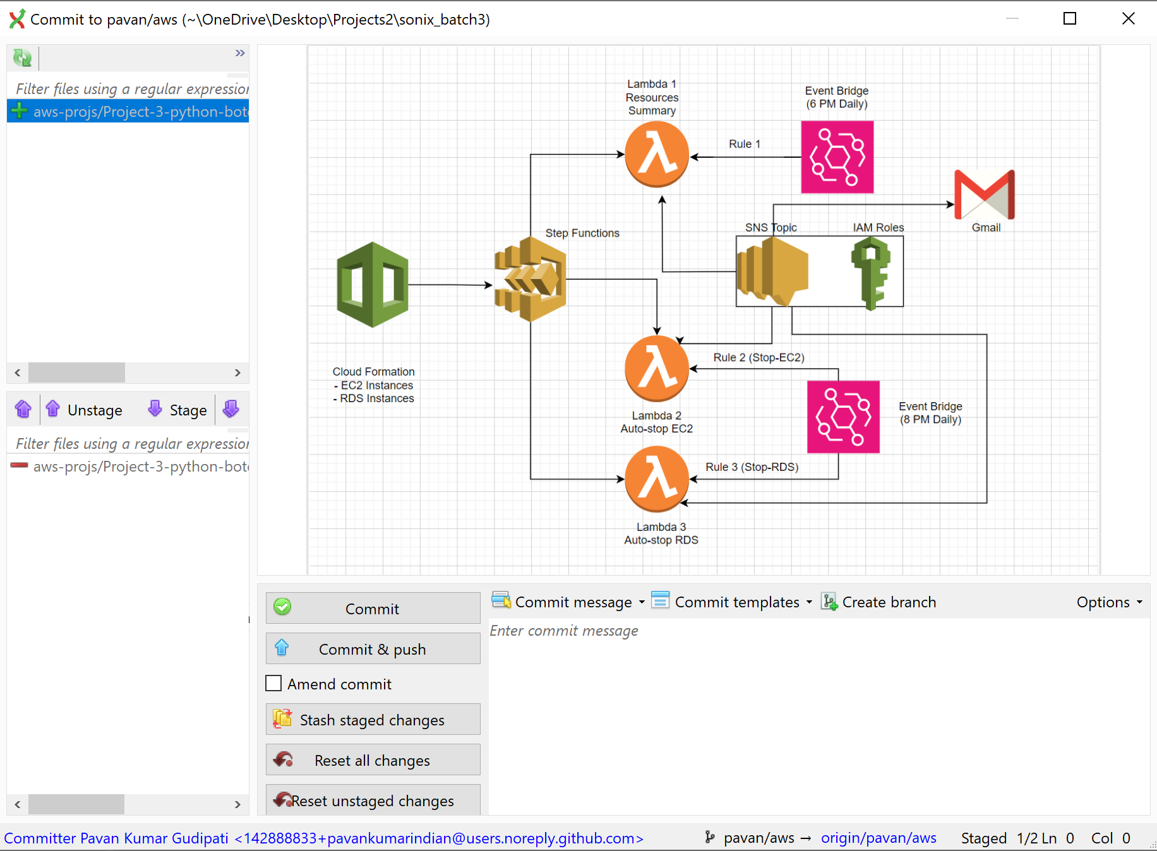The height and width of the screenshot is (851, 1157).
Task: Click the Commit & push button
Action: [373, 648]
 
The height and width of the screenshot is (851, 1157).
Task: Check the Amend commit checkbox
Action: [273, 684]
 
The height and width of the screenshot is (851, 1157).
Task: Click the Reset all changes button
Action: [373, 759]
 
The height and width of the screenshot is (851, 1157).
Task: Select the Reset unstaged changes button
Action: [373, 800]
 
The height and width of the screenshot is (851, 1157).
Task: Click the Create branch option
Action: [878, 602]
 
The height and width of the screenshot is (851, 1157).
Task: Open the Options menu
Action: [1109, 602]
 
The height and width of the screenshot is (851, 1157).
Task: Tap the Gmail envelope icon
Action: [985, 194]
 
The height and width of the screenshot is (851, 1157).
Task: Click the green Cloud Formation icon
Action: [373, 285]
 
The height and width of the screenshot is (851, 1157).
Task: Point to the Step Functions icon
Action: [530, 279]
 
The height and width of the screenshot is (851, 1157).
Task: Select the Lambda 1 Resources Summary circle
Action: [657, 155]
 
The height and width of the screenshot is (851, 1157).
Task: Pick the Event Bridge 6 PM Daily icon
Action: [837, 157]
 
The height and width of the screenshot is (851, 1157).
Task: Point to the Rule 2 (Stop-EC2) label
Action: [759, 357]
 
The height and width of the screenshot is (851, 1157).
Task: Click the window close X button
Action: [1129, 19]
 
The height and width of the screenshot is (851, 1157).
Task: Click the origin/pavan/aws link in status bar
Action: [878, 838]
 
